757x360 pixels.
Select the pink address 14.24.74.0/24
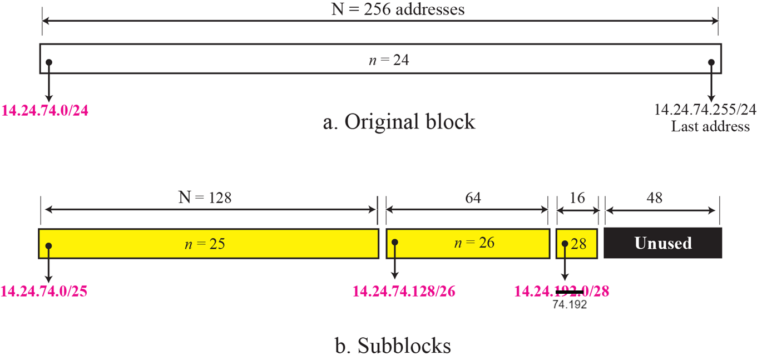point(45,110)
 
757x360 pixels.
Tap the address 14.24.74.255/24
point(705,109)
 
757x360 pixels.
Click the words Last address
point(710,126)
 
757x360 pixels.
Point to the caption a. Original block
point(399,122)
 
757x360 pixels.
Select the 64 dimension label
point(468,198)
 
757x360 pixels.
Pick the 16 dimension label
point(578,198)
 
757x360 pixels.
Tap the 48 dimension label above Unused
point(655,198)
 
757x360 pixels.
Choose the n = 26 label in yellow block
point(478,243)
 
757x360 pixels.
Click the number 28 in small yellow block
point(578,243)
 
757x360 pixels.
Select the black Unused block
point(663,243)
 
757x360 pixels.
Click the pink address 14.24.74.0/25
point(44,291)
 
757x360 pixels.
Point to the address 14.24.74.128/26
point(404,291)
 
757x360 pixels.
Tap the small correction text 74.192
point(570,304)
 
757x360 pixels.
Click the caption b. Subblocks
point(393,346)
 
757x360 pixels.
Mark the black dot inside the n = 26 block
point(395,243)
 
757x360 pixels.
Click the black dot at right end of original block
point(711,62)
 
